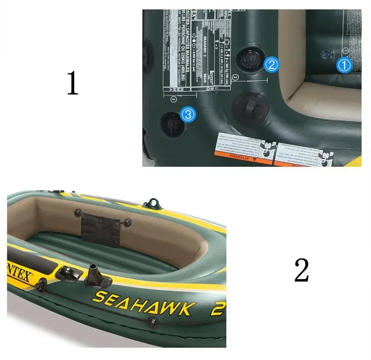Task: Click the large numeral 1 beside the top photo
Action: click(72, 83)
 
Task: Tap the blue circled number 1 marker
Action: click(344, 65)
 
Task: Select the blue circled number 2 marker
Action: click(271, 64)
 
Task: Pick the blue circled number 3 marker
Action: click(187, 114)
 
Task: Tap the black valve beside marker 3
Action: click(170, 123)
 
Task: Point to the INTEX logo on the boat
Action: click(18, 275)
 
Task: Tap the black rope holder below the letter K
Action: click(153, 322)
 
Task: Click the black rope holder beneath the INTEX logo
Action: click(41, 284)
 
